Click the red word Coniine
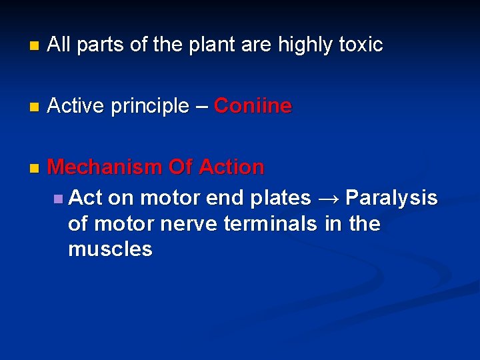pos(253,106)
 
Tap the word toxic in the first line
pos(361,45)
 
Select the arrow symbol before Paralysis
pos(328,198)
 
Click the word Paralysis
pos(391,198)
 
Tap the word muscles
pos(110,249)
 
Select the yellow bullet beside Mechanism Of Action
pos(34,168)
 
